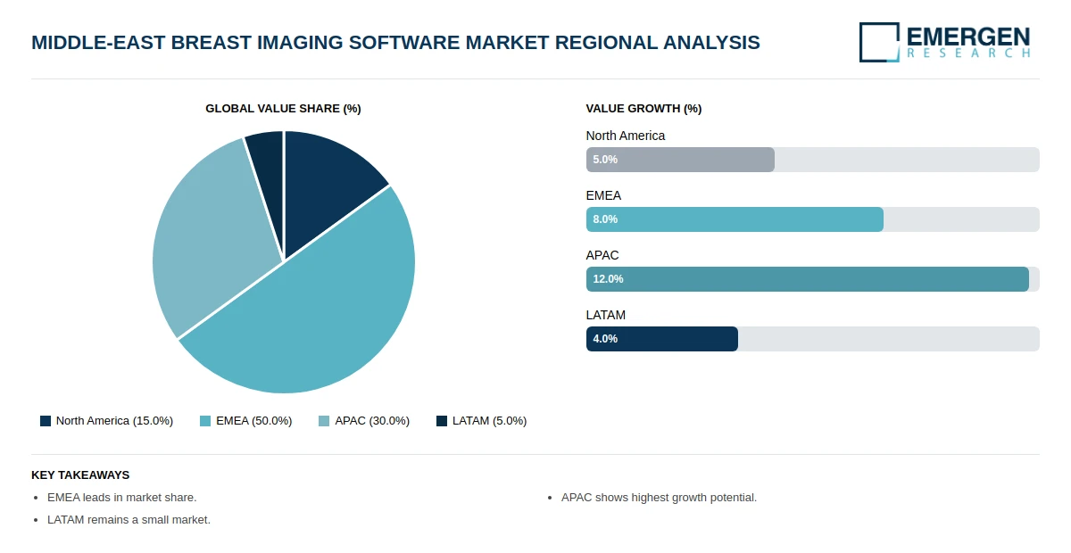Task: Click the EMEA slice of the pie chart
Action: [321, 321]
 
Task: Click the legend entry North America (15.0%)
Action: [106, 421]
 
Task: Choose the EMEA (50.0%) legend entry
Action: [245, 421]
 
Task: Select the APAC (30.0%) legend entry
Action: [364, 421]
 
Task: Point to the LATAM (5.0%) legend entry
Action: [481, 421]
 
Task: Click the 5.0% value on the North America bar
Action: [605, 160]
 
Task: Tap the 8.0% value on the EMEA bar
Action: [605, 219]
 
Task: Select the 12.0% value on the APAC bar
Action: [608, 279]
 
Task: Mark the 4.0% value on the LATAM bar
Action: [605, 339]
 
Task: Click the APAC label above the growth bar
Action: [602, 255]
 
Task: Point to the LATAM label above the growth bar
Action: [606, 315]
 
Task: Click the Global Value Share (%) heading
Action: [283, 109]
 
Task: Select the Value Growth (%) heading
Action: [643, 109]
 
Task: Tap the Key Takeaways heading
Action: [80, 475]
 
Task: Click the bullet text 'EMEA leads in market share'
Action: [121, 498]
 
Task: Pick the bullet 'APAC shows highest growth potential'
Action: [659, 498]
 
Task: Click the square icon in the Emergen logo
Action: [879, 42]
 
